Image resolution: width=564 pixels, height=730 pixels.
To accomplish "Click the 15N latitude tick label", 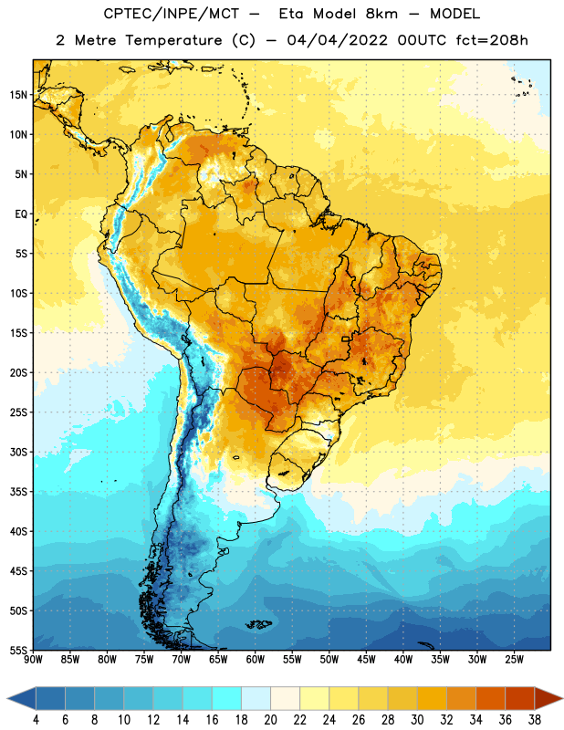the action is [18, 95].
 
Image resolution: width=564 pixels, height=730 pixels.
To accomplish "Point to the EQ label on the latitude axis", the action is [21, 214].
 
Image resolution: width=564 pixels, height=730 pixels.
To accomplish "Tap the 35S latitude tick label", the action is [18, 492].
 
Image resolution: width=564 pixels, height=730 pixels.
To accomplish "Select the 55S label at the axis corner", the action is [18, 650].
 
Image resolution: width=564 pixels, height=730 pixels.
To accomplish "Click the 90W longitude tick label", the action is [33, 660].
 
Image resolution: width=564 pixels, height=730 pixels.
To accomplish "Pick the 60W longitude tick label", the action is [256, 660].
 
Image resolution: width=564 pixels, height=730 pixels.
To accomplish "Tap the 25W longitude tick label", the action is [514, 660].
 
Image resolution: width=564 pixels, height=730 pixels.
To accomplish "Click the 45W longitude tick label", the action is [366, 660].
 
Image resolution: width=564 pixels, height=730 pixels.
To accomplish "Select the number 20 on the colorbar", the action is [270, 720].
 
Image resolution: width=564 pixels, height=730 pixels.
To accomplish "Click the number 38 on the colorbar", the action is [535, 720].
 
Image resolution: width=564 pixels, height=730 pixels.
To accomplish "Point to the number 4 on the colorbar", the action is [36, 720].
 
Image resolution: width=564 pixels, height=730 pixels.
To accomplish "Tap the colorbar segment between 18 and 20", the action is [256, 698].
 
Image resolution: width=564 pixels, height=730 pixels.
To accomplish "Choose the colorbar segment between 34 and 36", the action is [490, 698].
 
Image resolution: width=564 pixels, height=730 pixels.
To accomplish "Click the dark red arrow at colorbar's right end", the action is [548, 698].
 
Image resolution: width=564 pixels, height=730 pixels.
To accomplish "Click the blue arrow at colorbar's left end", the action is [22, 698].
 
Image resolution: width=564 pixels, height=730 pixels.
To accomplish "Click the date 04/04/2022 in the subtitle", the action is [337, 40].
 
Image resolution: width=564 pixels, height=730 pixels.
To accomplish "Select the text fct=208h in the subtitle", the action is [492, 40].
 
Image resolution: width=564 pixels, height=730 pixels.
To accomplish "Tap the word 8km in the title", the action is [381, 14].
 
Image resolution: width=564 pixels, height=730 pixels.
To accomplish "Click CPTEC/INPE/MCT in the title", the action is [172, 14].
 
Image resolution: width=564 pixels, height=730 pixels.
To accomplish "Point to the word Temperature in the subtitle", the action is [173, 40].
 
